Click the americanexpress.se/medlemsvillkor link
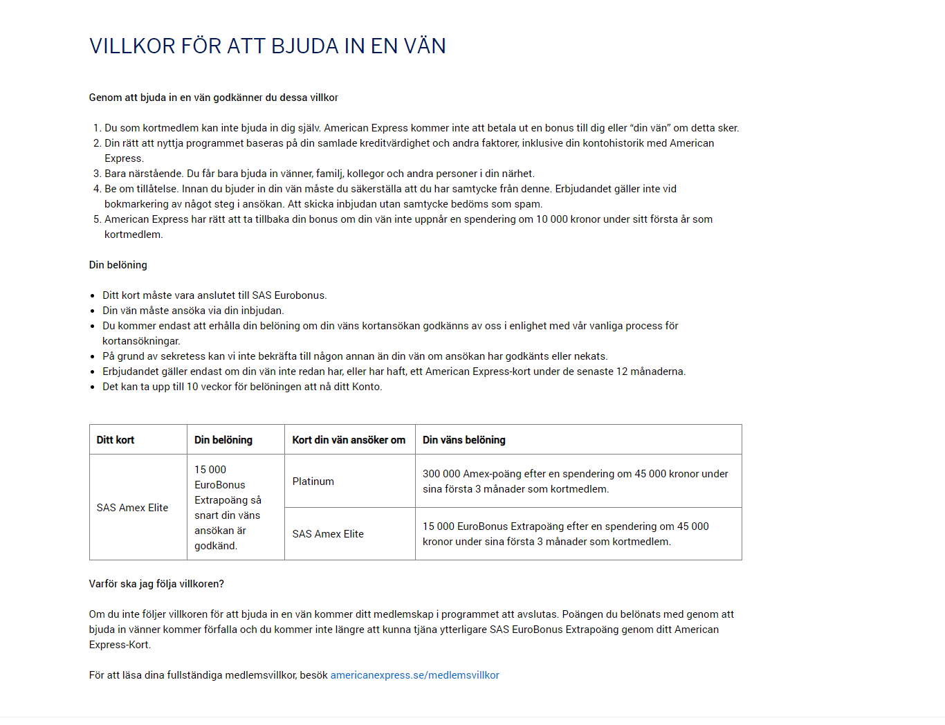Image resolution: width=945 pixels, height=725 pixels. pos(414,675)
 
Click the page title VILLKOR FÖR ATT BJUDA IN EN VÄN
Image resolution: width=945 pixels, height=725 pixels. pos(267,46)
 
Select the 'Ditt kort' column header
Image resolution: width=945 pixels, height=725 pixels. pos(116,440)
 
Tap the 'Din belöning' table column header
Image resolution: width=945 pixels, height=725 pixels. pos(223,440)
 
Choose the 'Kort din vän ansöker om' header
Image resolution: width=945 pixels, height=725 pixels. pos(349,440)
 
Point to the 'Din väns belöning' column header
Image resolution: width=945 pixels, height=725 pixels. pos(464,440)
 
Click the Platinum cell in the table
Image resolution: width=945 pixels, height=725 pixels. pos(313,481)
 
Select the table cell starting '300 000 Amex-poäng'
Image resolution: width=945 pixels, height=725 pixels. pos(575,481)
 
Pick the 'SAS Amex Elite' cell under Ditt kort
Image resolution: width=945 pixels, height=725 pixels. pos(133,508)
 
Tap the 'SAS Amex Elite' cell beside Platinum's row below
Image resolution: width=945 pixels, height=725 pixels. pos(328,534)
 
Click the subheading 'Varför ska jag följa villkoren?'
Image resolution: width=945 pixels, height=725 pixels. pos(156,584)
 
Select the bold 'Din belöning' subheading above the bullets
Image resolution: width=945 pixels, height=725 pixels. pos(118,265)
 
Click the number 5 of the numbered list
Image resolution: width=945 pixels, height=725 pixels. pos(97,219)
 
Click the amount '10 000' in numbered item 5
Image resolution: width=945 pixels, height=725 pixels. pos(552,219)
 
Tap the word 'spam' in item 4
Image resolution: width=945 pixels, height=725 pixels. pos(527,204)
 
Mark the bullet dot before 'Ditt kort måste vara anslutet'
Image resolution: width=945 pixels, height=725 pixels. pos(93,296)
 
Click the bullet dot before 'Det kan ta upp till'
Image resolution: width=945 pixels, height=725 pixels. pos(93,387)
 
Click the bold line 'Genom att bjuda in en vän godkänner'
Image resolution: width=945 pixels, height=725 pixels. pos(213,98)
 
